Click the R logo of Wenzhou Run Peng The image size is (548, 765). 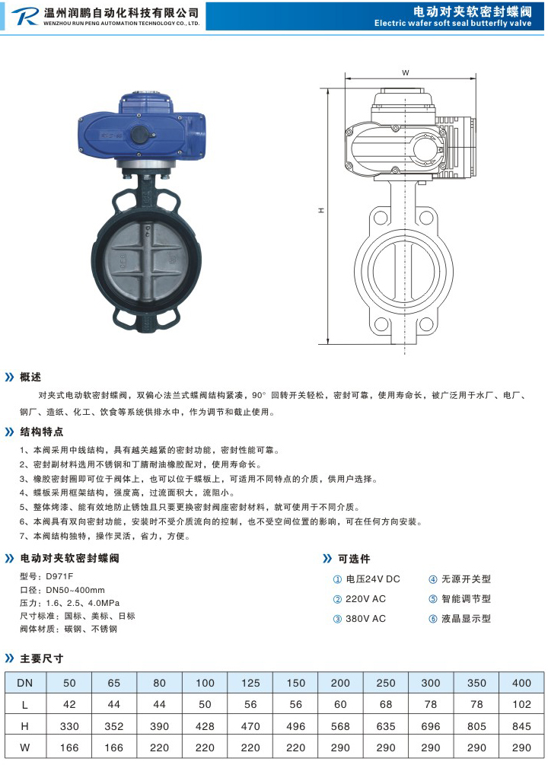24,16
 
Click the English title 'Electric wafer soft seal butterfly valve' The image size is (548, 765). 452,23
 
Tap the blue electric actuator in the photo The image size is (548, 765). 142,129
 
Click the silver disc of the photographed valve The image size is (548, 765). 146,263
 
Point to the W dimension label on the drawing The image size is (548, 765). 406,73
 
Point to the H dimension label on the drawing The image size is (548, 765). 321,210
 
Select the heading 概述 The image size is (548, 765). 30,377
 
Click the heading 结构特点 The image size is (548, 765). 41,432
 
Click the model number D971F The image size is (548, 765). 59,576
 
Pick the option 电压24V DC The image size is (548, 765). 373,579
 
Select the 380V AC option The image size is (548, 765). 365,619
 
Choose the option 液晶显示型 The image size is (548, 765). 466,619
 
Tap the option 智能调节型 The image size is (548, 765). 466,598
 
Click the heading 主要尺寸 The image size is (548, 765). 41,658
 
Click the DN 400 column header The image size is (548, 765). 521,683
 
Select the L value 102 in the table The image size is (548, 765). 521,705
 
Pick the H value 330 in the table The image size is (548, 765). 69,726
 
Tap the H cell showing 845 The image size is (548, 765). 521,726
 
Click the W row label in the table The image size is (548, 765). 25,747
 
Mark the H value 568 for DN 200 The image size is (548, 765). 340,726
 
